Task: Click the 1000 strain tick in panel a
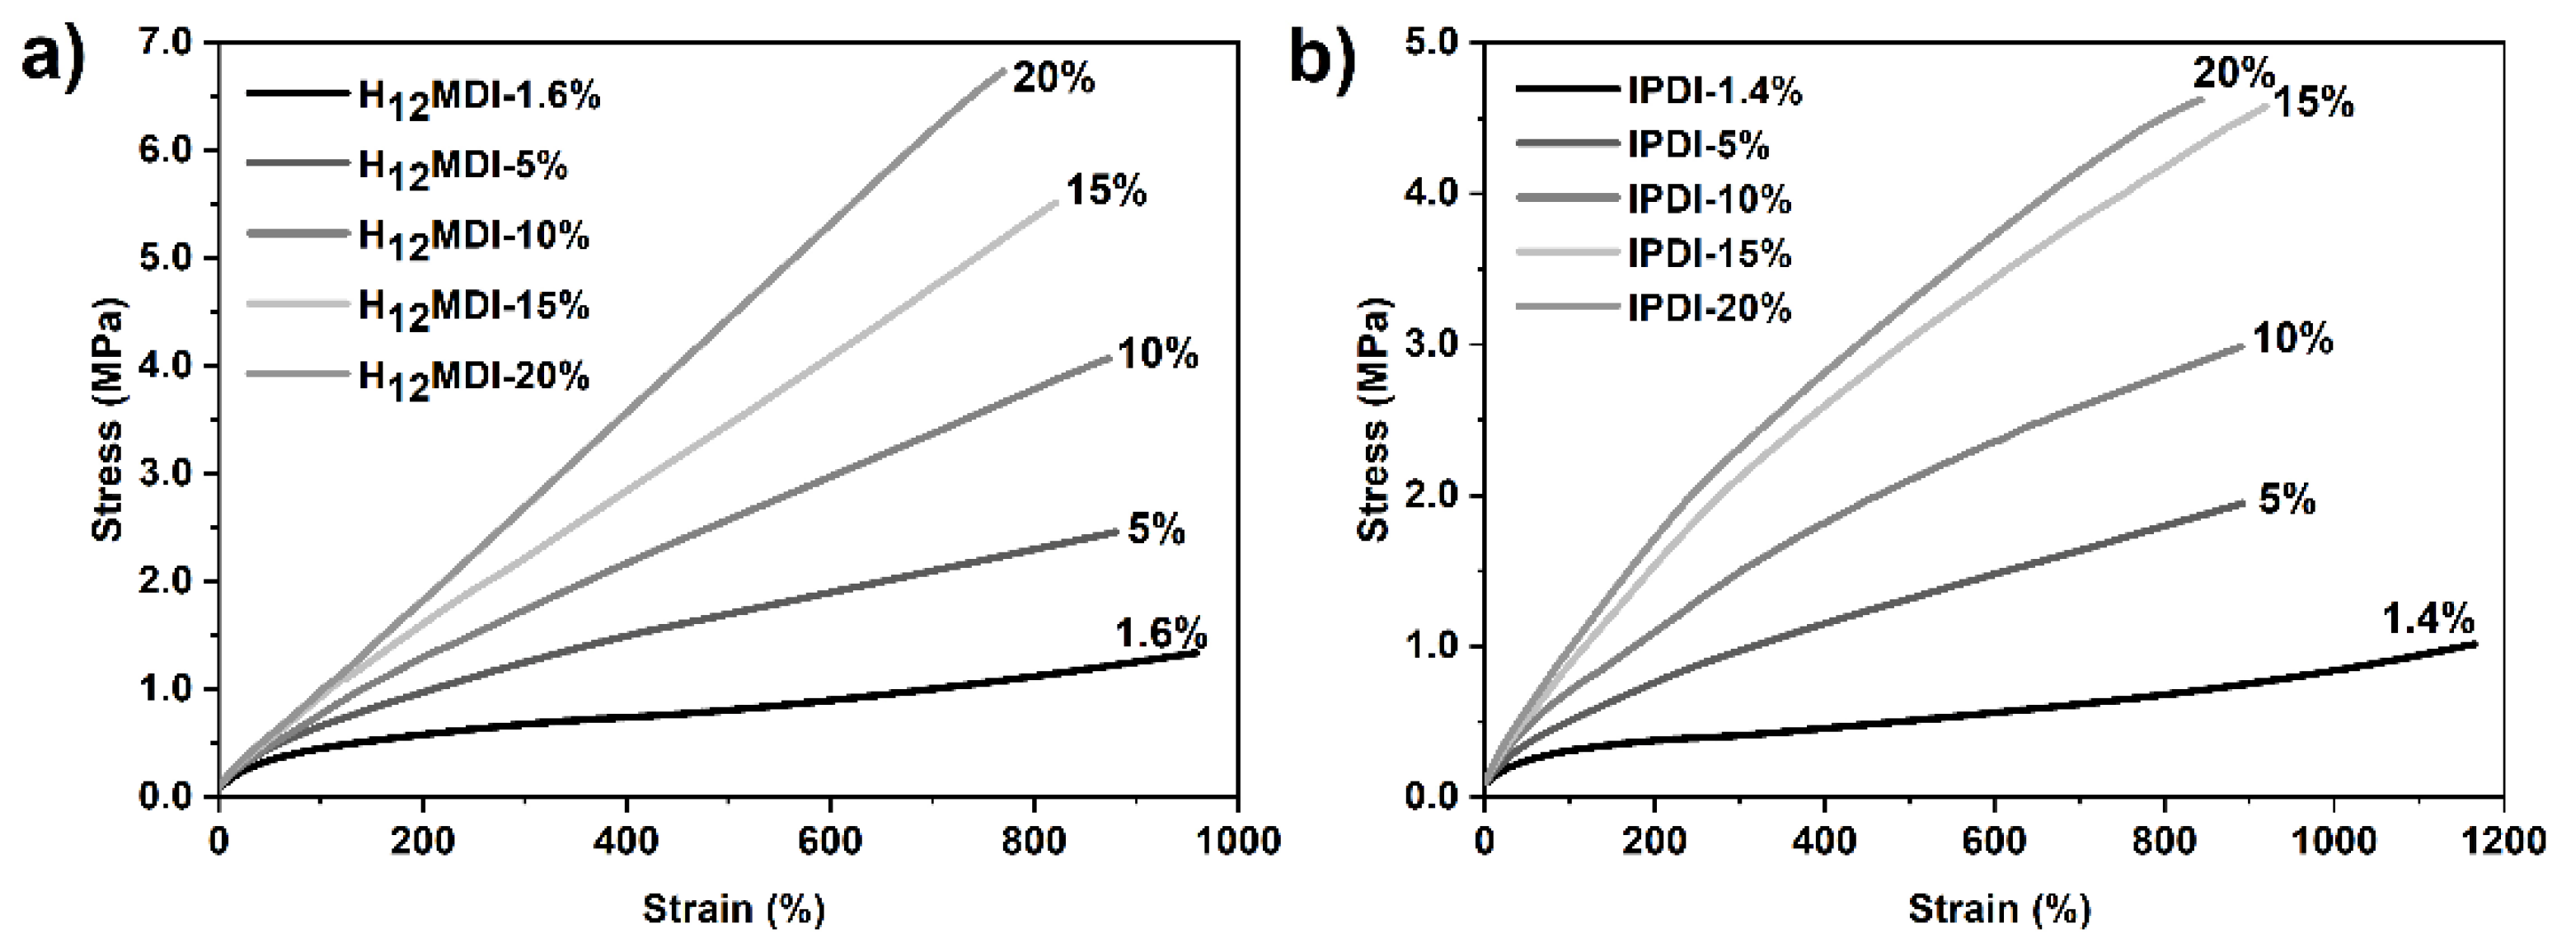click(x=1236, y=841)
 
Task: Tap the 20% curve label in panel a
click(x=1053, y=78)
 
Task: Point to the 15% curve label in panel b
click(x=2313, y=102)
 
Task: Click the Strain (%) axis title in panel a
click(x=734, y=908)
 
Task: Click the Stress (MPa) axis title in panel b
click(x=1375, y=419)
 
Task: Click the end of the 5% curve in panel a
click(x=1116, y=532)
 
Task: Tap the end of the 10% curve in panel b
click(x=2241, y=345)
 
